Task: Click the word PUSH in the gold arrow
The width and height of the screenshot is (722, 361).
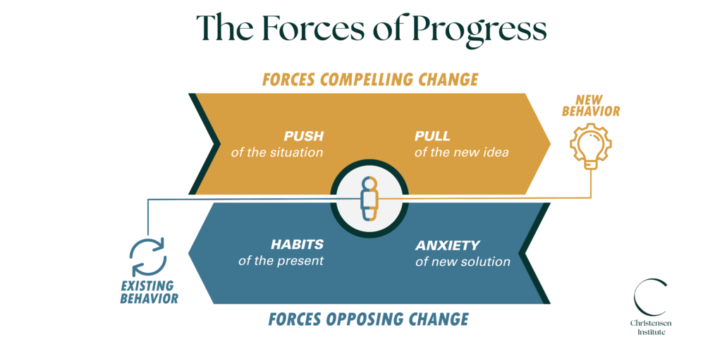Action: click(303, 136)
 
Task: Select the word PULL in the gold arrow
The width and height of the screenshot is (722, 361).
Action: click(432, 136)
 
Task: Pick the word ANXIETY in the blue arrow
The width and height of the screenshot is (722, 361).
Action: click(447, 245)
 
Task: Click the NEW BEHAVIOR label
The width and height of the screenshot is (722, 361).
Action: click(596, 105)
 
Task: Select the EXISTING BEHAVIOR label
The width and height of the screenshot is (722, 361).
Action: click(148, 292)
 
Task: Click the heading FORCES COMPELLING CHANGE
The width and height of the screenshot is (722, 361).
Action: click(370, 79)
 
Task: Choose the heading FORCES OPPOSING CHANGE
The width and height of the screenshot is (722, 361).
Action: click(368, 319)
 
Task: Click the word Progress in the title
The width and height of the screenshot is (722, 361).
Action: click(480, 28)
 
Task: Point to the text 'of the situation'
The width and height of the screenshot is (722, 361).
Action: click(277, 152)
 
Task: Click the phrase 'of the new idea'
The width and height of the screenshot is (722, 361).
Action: click(461, 152)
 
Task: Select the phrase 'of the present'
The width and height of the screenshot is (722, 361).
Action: click(281, 261)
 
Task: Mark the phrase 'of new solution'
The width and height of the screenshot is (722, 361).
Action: click(463, 262)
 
